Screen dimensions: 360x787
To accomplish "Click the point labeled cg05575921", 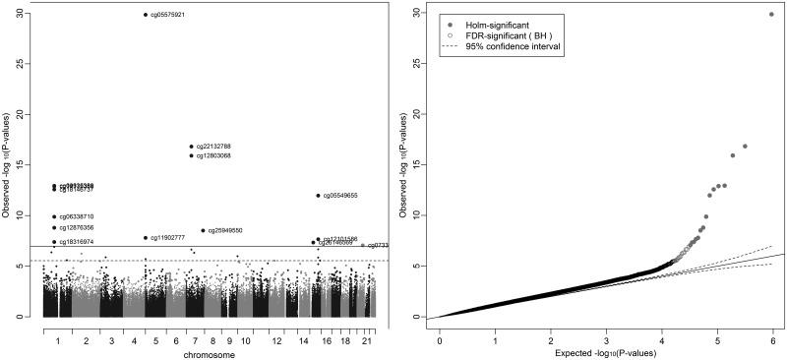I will pos(146,15).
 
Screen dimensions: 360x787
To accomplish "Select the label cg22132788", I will pos(213,147).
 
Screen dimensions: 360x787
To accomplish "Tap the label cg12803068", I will pos(213,155).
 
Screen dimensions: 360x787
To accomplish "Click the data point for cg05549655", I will pos(318,196).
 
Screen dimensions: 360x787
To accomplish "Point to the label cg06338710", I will pos(77,216).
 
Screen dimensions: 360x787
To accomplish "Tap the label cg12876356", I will pos(77,227).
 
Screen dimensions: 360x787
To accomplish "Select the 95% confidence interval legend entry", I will pos(512,46).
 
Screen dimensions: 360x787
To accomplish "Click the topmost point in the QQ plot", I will pos(771,15).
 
